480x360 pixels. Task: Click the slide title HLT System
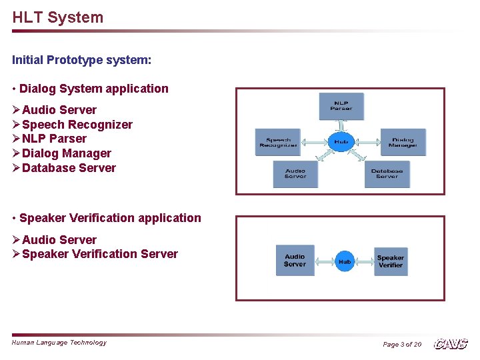tap(58, 17)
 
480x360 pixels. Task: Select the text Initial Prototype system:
tap(82, 60)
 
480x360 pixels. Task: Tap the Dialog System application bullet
tap(93, 89)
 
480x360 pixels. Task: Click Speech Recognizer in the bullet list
tap(77, 125)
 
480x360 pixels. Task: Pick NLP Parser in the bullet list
tap(54, 139)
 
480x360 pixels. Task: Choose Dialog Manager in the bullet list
tap(66, 153)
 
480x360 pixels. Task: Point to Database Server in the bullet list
tap(69, 168)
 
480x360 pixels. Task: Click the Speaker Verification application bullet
tap(110, 218)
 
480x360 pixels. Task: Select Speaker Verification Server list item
tap(100, 254)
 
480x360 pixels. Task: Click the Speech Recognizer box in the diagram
tap(278, 142)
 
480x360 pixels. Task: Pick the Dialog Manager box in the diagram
tap(403, 142)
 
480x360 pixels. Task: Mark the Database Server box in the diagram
tap(387, 174)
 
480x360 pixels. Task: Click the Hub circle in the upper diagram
tap(341, 141)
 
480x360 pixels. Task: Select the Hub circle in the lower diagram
tap(345, 261)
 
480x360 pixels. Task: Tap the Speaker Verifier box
tap(390, 261)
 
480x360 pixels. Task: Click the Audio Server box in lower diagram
tap(295, 260)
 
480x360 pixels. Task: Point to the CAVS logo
tap(451, 344)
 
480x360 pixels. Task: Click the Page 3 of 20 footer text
tap(402, 345)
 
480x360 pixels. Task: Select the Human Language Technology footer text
tap(59, 343)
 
